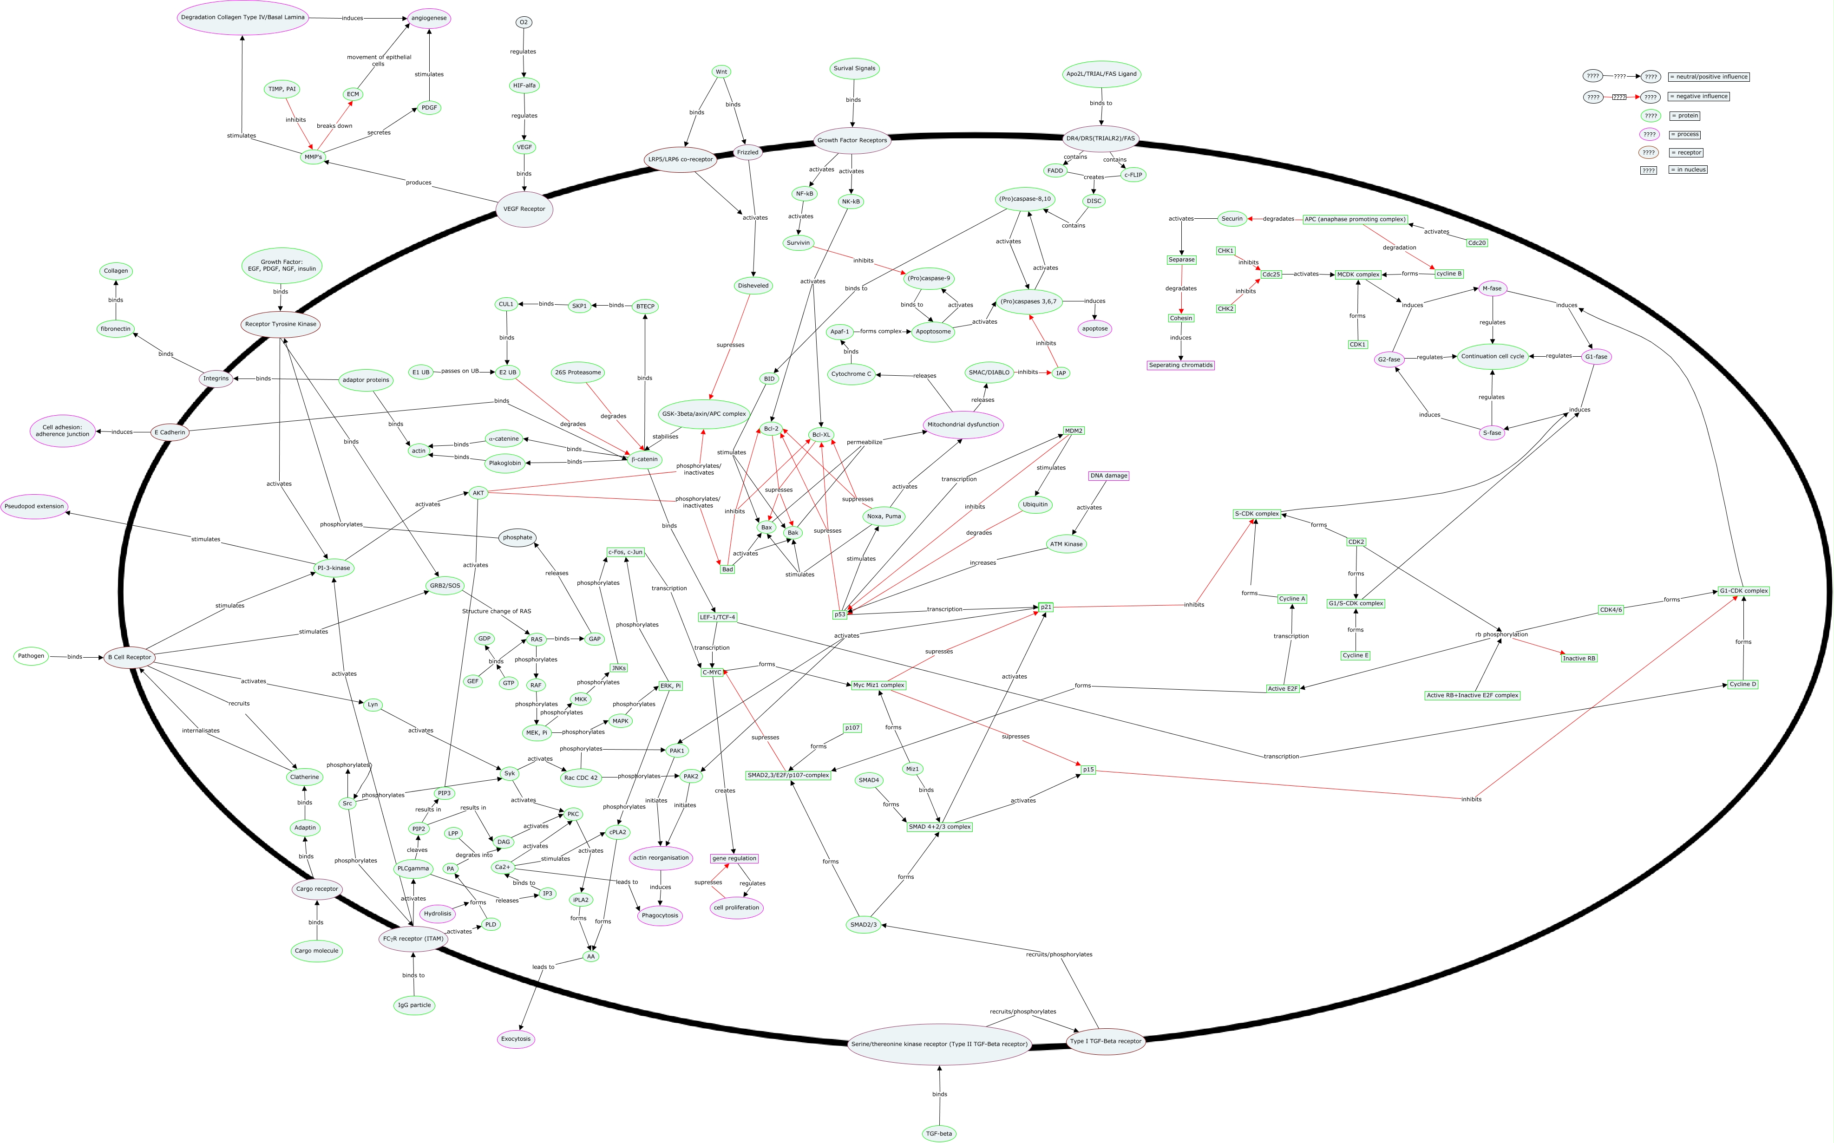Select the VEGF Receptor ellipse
pyautogui.click(x=524, y=209)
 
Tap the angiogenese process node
pyautogui.click(x=429, y=18)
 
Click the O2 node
pyautogui.click(x=523, y=22)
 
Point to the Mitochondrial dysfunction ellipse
pyautogui.click(x=963, y=425)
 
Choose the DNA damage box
pyautogui.click(x=1108, y=476)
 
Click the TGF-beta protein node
pyautogui.click(x=939, y=1133)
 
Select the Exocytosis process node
pyautogui.click(x=516, y=1038)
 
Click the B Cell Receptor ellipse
pyautogui.click(x=129, y=657)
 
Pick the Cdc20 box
pyautogui.click(x=1476, y=242)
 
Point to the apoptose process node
pyautogui.click(x=1094, y=329)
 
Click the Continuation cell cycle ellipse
pyautogui.click(x=1492, y=356)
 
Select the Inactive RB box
pyautogui.click(x=1579, y=659)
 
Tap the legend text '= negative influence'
pyautogui.click(x=1697, y=96)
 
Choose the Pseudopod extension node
pyautogui.click(x=34, y=507)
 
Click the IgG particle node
pyautogui.click(x=414, y=1005)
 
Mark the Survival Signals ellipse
pyautogui.click(x=854, y=68)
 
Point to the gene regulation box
pyautogui.click(x=734, y=858)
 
